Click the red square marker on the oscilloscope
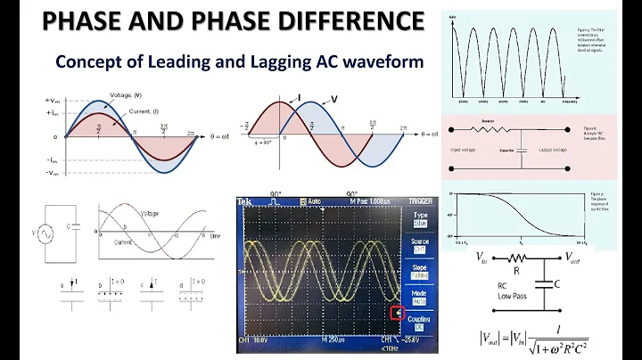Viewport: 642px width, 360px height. pyautogui.click(x=399, y=313)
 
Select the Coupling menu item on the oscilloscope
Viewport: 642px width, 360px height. pyautogui.click(x=419, y=318)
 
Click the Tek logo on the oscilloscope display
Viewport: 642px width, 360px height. pyautogui.click(x=247, y=203)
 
